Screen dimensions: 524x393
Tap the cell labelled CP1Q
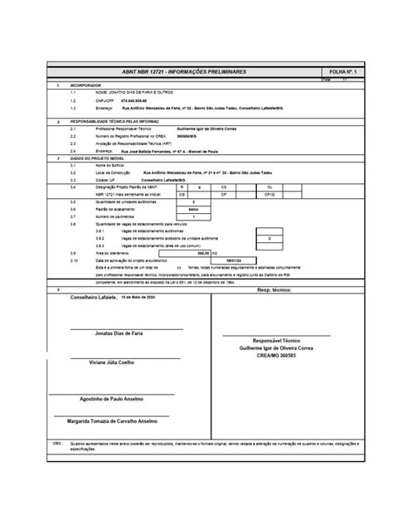point(270,195)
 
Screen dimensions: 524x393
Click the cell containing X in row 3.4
point(200,188)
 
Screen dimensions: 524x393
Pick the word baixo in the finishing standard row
point(193,209)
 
